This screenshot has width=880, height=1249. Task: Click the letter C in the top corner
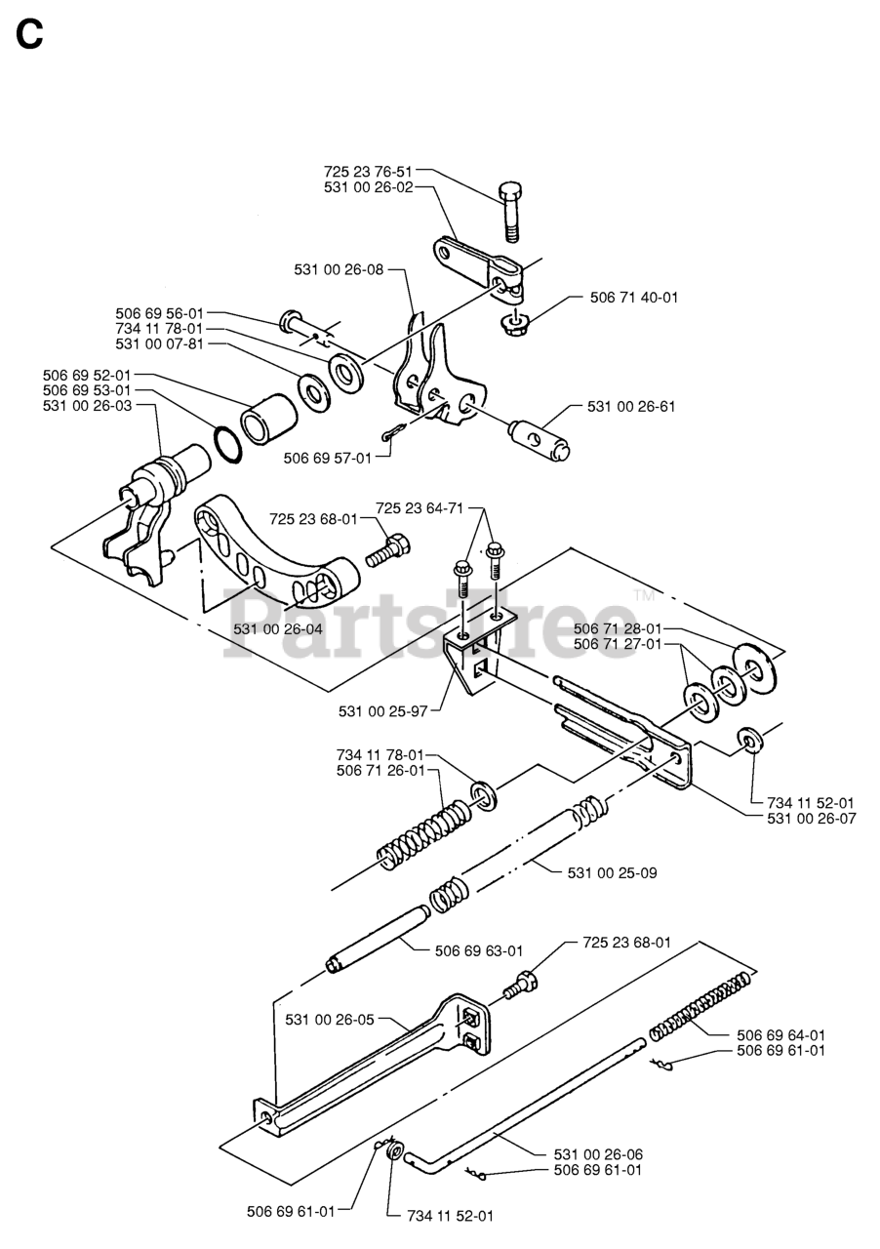point(29,36)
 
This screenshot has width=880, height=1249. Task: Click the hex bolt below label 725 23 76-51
point(512,210)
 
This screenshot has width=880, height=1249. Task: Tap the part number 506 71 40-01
point(633,298)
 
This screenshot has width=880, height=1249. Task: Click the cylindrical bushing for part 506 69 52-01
point(267,417)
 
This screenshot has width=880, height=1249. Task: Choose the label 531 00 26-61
point(630,406)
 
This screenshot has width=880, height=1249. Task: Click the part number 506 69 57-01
point(327,457)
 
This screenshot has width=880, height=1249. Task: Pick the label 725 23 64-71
point(419,507)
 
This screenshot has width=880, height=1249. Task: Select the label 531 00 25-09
point(612,872)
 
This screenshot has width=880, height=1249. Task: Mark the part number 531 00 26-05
point(330,1020)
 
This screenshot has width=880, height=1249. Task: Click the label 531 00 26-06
point(598,1153)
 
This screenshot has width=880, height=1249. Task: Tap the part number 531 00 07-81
point(160,343)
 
